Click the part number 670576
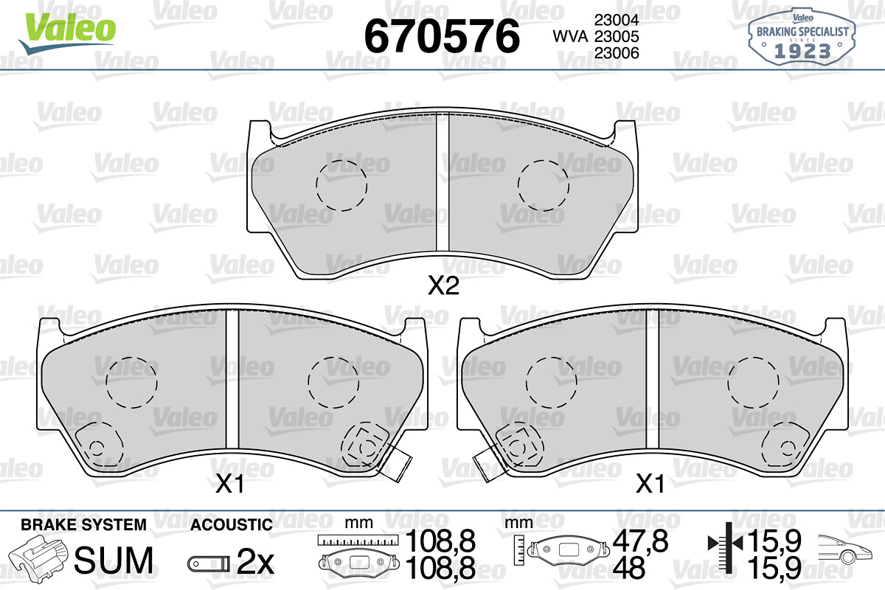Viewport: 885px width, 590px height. (x=442, y=36)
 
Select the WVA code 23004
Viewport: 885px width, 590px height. (x=617, y=20)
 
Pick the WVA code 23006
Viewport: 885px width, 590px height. (x=617, y=53)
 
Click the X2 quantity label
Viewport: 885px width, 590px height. (x=444, y=285)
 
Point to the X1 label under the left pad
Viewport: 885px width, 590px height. (x=230, y=483)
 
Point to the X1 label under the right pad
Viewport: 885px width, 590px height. (x=650, y=483)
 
